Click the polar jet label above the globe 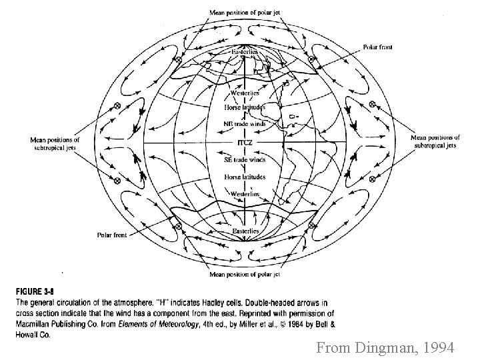[x=245, y=11]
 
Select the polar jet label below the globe [x=245, y=273]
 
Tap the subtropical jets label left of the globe [x=55, y=143]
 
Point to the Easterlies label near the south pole [x=245, y=231]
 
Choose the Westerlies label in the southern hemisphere [x=245, y=193]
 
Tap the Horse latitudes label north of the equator [x=245, y=107]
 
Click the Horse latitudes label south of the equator [x=245, y=177]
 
